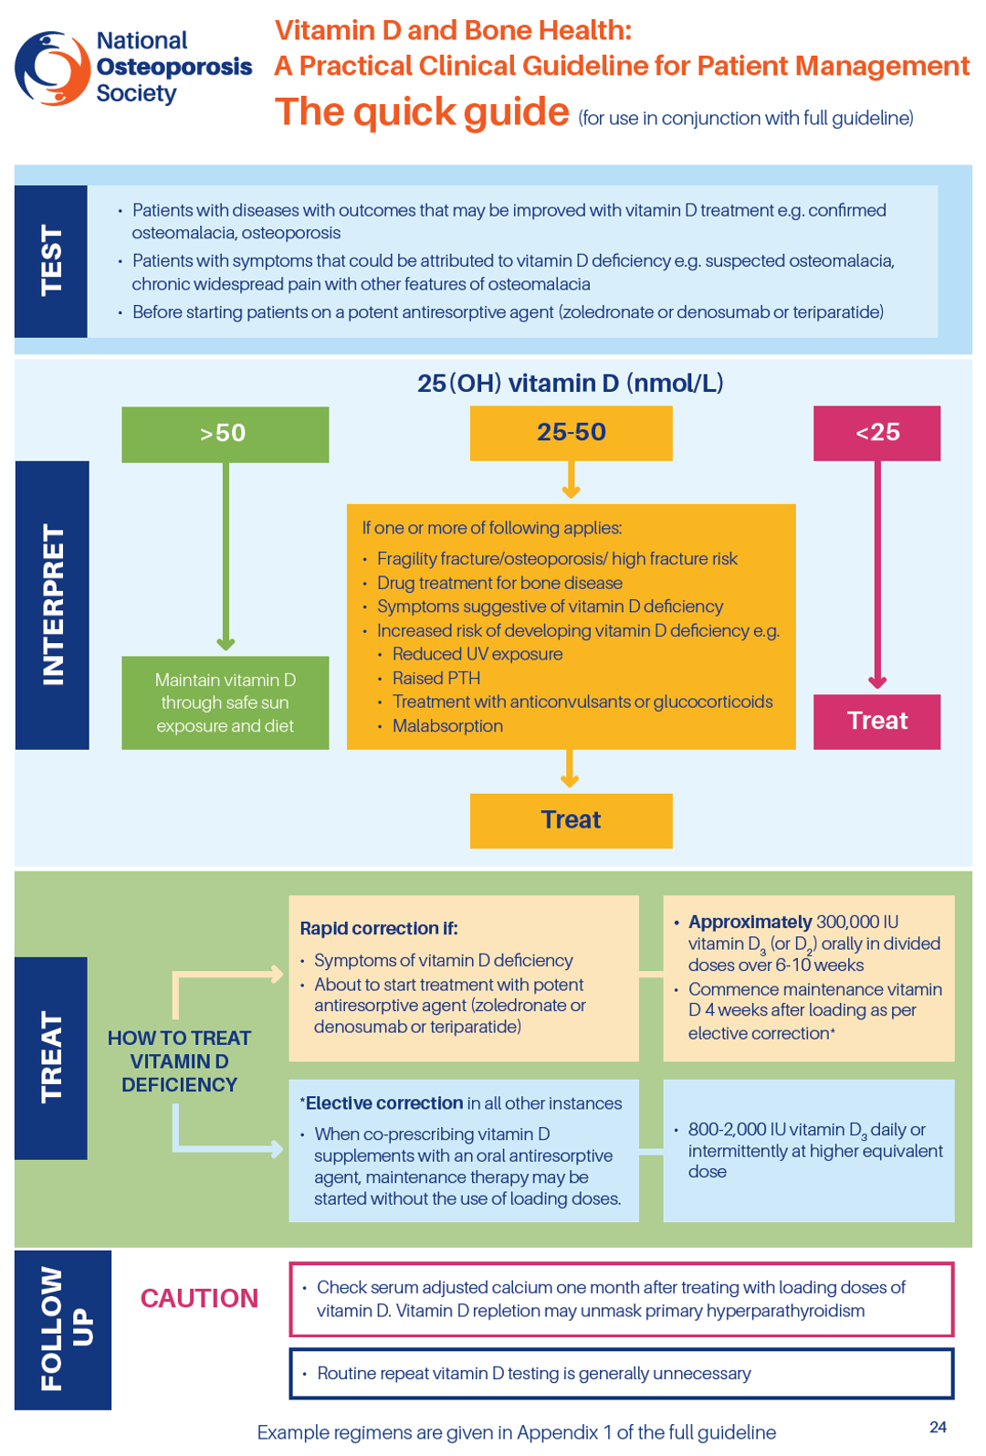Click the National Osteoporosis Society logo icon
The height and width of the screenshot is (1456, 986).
[x=52, y=68]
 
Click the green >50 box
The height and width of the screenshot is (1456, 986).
[x=225, y=434]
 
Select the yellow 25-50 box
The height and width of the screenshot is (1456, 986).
[x=571, y=433]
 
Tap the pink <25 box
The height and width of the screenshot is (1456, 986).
[x=876, y=433]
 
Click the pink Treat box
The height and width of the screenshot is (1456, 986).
[x=876, y=722]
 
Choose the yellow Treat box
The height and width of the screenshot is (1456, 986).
[x=571, y=820]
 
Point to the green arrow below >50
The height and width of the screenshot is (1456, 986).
[x=226, y=557]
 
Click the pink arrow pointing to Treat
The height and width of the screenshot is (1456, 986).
[x=877, y=575]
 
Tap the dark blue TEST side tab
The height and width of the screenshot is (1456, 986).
[x=51, y=261]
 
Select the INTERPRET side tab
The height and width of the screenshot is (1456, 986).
[x=52, y=605]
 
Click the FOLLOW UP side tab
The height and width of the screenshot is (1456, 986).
[x=63, y=1329]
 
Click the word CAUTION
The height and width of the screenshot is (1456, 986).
[x=199, y=1299]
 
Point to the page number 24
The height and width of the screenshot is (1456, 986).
[x=938, y=1427]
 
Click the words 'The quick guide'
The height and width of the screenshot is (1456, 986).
[x=422, y=112]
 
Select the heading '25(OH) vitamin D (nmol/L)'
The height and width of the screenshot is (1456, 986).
[x=570, y=384]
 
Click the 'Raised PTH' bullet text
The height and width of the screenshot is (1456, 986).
[x=436, y=679]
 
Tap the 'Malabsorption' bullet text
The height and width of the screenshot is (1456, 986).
[x=447, y=726]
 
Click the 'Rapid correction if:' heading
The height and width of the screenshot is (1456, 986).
[x=379, y=929]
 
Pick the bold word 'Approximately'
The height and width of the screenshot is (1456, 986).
[x=750, y=922]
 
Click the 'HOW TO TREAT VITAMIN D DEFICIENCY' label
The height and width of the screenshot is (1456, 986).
[x=179, y=1061]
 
